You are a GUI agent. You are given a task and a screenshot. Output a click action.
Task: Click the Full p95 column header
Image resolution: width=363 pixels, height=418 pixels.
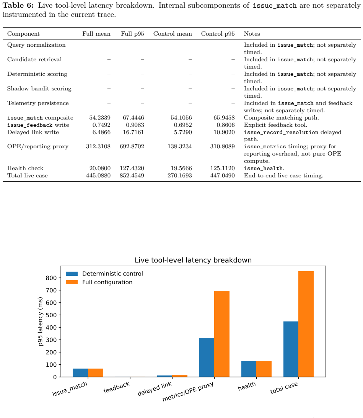click(x=132, y=34)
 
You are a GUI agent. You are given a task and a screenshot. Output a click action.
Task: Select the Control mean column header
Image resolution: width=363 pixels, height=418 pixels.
click(x=173, y=34)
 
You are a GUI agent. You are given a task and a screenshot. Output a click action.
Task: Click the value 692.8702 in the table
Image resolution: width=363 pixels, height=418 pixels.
click(x=132, y=146)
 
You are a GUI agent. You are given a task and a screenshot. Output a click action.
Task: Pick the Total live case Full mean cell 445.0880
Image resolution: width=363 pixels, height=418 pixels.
click(x=98, y=175)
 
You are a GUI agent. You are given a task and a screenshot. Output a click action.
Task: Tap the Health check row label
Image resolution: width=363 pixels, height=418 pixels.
click(x=25, y=168)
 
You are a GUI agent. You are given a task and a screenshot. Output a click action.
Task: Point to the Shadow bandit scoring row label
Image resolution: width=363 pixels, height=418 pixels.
click(x=39, y=89)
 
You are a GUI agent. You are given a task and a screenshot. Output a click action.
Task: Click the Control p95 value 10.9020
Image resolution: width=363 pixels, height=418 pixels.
click(x=224, y=132)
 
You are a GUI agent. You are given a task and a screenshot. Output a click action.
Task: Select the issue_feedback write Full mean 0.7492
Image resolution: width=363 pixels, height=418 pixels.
click(x=101, y=125)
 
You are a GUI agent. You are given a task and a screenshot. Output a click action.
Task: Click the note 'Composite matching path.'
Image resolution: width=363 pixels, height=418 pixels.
click(x=281, y=118)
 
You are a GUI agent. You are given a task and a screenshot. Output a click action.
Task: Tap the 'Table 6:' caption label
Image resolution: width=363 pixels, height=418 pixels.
click(x=18, y=5)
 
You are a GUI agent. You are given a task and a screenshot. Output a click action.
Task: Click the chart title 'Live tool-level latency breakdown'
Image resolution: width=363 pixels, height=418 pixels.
click(x=193, y=260)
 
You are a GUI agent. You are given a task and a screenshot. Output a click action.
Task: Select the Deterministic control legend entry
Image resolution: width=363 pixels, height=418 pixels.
click(x=104, y=274)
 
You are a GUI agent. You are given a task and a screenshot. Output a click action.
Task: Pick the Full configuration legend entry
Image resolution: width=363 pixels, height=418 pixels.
click(x=99, y=282)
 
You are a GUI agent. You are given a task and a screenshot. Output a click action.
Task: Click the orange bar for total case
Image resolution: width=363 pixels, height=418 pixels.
click(x=306, y=324)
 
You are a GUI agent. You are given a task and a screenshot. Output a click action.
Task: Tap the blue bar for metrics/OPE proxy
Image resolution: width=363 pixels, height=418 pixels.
click(x=207, y=358)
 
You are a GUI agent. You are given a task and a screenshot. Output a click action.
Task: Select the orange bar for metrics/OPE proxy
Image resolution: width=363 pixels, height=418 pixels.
click(x=222, y=334)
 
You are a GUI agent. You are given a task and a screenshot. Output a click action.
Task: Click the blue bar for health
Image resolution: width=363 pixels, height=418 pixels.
click(x=249, y=369)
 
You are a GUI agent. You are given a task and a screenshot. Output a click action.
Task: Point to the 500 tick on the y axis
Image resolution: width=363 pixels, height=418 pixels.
click(x=51, y=315)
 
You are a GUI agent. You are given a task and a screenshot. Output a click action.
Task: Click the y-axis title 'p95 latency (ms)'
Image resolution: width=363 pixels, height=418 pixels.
click(x=40, y=321)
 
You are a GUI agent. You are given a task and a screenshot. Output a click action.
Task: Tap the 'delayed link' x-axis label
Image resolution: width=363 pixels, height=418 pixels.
click(x=155, y=388)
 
